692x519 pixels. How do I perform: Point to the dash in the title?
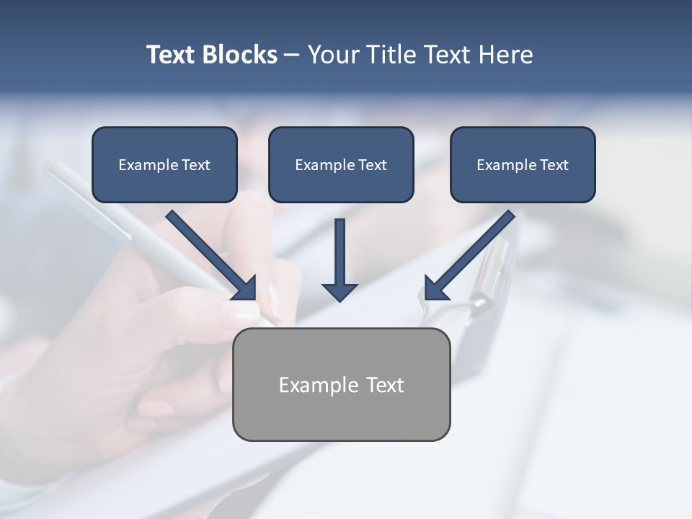[292, 56]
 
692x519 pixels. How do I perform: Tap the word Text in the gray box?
[385, 385]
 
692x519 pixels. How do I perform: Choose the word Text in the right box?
[554, 165]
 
